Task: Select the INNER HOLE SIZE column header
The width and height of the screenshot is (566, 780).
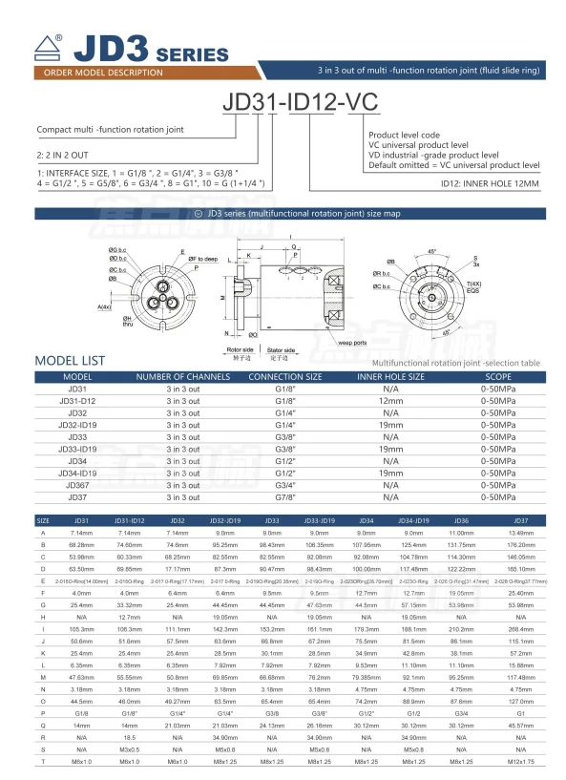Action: coord(390,377)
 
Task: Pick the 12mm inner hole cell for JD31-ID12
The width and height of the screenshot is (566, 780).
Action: coord(390,401)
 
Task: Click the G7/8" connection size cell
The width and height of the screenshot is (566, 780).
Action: coord(285,496)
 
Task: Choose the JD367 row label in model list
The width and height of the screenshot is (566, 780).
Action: coord(77,484)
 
